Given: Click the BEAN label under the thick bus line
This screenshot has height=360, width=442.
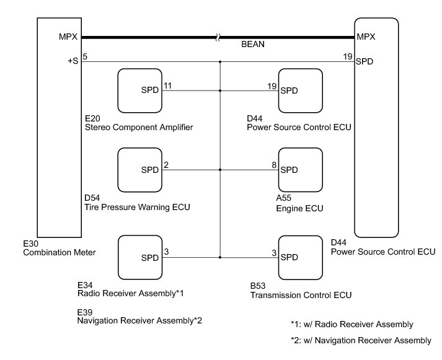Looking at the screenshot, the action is pos(253,44).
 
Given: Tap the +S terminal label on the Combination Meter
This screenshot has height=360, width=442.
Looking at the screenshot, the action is pos(73,61).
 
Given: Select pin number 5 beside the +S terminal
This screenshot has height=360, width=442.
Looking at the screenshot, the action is pos(85,56).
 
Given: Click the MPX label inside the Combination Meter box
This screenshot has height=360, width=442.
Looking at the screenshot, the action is pos(68,37).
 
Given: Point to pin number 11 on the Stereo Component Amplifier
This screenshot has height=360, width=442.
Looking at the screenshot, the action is pos(167,86).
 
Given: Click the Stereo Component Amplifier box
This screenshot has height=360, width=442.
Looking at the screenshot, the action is pos(140,90).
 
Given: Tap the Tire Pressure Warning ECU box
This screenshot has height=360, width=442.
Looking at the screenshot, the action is pos(140,170).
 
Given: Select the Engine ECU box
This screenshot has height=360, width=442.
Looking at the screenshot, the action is pos(301,170).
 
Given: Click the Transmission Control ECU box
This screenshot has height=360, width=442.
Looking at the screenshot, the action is pos(301,258).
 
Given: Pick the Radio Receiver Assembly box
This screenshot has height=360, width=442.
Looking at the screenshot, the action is pos(140,258).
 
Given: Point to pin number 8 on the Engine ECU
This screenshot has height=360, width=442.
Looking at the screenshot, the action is pos(274,165).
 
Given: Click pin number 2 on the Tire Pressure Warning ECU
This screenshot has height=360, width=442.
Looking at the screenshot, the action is pos(166,165).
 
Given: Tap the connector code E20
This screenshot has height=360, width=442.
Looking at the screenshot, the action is pos(92,118).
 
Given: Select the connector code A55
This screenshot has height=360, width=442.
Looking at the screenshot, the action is pos(283,198).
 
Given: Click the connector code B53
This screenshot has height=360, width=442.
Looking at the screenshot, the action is pos(258,286).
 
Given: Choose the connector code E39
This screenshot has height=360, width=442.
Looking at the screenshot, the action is pos(85,312).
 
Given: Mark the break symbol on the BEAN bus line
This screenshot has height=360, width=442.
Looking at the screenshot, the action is pos(218,37).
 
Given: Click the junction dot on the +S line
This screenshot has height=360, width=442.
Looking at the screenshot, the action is pos(220,62).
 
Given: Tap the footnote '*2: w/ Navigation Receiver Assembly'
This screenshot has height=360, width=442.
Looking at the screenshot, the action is pos(361,341).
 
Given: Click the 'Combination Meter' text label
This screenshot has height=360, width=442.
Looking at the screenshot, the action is pos(60,252).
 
